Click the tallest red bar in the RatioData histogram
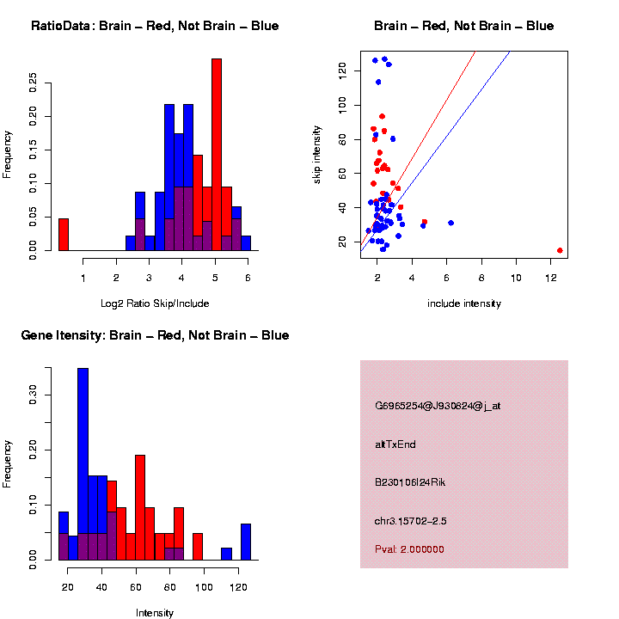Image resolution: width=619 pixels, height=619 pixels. point(217,155)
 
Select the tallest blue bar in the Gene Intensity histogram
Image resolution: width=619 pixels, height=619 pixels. point(83,464)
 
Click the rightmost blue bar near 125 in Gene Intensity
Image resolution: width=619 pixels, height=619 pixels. point(246,542)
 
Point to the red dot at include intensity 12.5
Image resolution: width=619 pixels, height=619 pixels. point(560,250)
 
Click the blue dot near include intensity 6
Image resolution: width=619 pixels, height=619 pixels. point(450,223)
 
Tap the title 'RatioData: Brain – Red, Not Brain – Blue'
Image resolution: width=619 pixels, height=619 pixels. point(155,26)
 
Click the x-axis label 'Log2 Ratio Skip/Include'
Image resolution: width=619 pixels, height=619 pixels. point(154,303)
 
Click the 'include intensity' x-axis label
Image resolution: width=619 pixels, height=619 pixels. point(463,303)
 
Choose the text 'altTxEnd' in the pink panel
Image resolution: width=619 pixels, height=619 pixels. point(395,444)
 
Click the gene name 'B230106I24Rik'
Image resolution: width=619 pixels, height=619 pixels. point(410,482)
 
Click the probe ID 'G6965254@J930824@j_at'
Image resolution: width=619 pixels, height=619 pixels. point(438,406)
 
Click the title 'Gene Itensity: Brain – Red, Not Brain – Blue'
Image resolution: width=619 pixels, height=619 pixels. point(155,335)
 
